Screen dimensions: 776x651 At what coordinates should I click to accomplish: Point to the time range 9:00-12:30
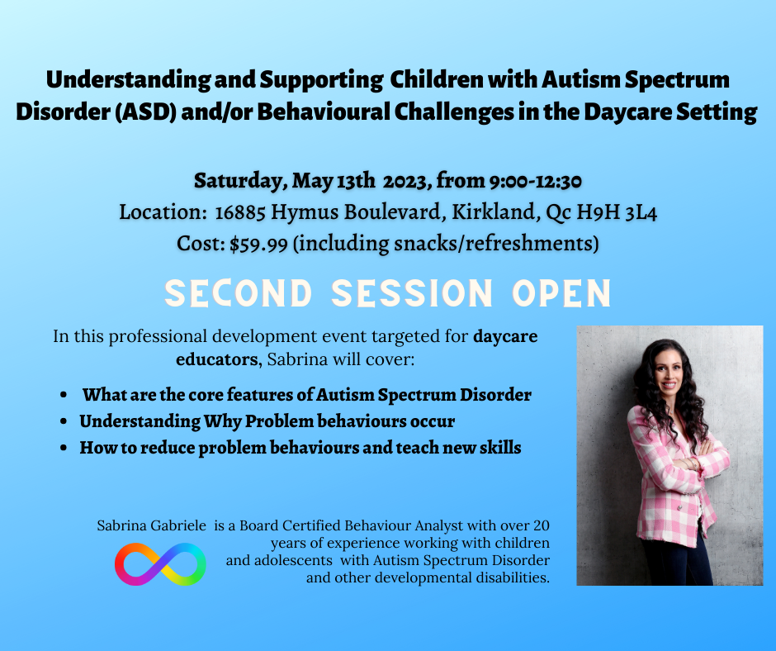(535, 181)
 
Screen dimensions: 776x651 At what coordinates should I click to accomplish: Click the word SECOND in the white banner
(238, 293)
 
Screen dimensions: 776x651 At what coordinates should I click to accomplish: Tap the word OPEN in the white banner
(561, 293)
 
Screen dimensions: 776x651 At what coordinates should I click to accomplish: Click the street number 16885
(240, 213)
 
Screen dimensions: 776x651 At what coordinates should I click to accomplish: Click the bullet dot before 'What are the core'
(64, 396)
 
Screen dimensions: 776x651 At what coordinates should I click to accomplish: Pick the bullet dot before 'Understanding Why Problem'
(64, 421)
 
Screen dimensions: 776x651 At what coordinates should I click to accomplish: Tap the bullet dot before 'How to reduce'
(64, 448)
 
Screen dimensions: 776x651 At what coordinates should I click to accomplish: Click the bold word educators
(218, 359)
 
